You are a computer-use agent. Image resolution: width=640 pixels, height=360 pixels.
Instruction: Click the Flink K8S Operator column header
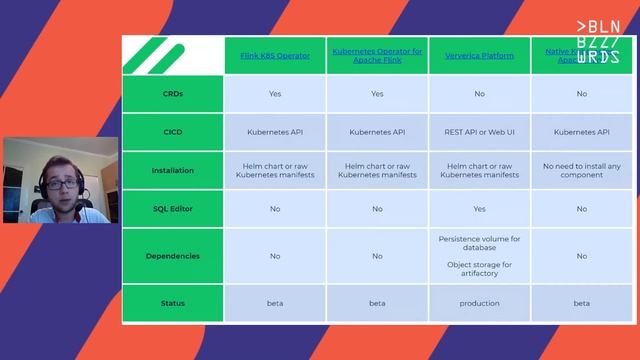pos(275,56)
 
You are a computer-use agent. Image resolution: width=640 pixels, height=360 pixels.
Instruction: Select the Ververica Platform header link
pos(479,56)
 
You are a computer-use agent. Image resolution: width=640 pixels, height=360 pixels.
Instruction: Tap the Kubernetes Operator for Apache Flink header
pos(377,56)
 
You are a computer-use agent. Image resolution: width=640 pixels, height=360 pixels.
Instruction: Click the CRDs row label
pos(173,94)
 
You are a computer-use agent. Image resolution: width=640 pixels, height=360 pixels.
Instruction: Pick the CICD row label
pos(173,132)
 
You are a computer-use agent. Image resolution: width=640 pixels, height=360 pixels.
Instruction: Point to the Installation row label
pos(173,170)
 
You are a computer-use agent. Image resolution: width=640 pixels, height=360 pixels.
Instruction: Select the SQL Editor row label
pos(173,209)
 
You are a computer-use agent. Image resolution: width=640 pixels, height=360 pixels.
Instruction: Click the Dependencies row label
pos(173,256)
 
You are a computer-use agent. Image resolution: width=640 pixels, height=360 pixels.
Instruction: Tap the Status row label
pos(173,303)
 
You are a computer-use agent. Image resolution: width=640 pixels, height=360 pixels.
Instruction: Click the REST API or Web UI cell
pos(479,132)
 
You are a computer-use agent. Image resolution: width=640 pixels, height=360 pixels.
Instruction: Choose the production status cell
pos(479,303)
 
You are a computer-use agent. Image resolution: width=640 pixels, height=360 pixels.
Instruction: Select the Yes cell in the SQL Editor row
pos(479,209)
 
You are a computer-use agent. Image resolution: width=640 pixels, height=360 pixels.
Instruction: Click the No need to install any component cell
pos(581,170)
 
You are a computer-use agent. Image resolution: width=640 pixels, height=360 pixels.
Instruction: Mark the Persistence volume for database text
pos(479,243)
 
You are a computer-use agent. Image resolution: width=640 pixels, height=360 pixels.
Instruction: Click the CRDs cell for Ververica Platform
pos(479,94)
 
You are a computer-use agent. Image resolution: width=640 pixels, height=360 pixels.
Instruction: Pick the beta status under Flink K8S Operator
pos(275,303)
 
